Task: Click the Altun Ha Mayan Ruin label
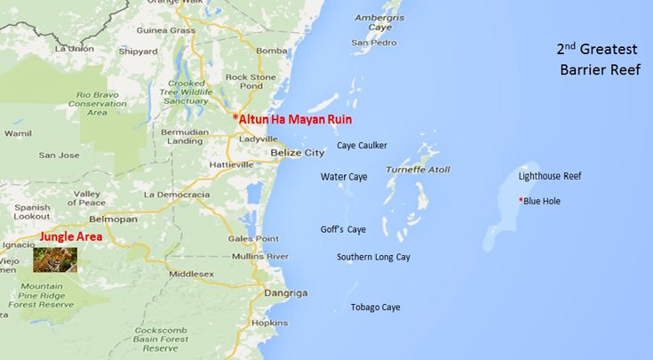(292, 118)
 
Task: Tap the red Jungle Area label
(70, 237)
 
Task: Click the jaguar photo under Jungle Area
(55, 259)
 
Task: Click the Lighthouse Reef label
(550, 176)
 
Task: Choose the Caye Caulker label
(362, 145)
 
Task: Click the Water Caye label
(344, 177)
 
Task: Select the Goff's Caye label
(343, 229)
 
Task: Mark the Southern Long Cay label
(373, 257)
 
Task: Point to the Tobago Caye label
(375, 308)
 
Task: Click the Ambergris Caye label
(378, 22)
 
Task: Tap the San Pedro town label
(372, 42)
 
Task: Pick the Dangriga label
(285, 292)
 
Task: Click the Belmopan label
(115, 218)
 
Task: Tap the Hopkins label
(269, 323)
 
